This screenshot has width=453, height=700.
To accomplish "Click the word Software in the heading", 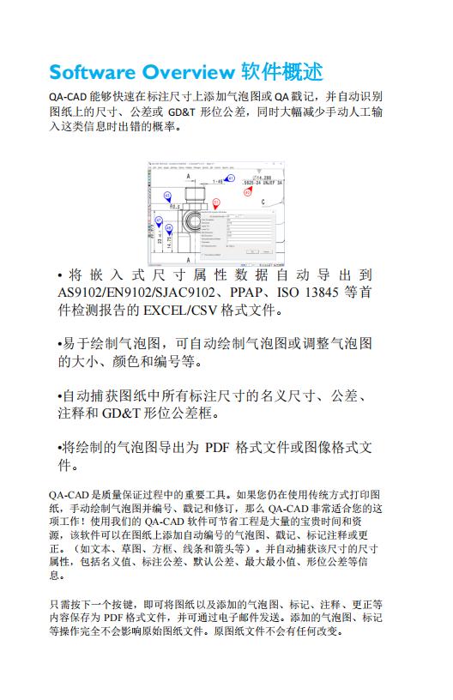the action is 92,71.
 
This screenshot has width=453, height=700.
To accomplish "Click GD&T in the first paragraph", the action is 181,112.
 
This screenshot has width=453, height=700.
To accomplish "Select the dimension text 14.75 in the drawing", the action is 169,243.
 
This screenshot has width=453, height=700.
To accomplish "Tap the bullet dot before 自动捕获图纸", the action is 59,396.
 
